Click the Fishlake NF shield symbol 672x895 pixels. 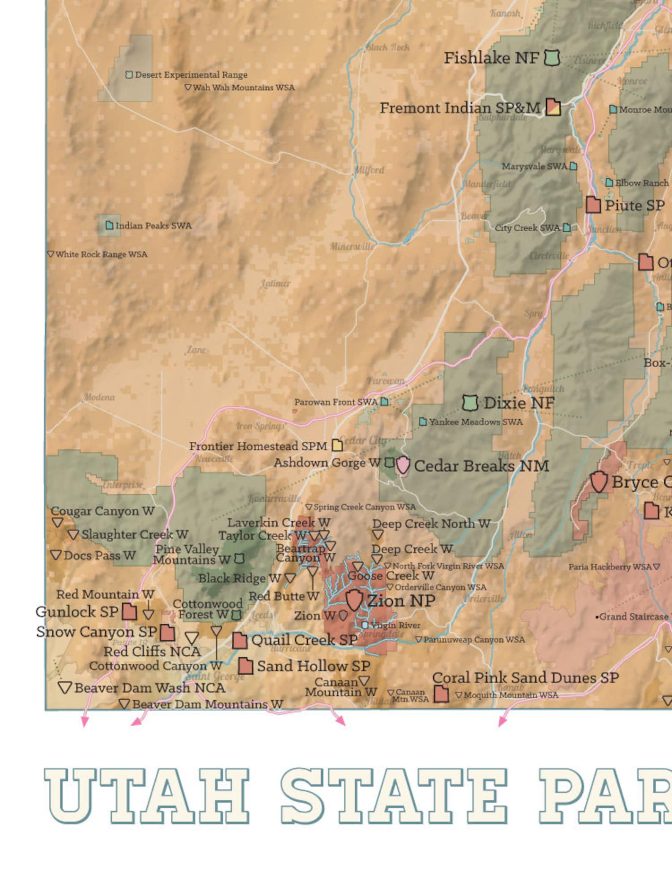552,57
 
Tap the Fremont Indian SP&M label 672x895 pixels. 460,108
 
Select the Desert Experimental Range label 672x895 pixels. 191,75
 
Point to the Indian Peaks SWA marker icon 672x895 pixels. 109,225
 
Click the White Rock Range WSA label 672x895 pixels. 101,255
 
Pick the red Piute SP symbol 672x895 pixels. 593,205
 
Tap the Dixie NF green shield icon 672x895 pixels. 470,403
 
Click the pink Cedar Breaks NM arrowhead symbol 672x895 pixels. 402,465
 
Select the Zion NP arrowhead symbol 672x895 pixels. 354,600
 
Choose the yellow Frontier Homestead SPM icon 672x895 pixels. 337,445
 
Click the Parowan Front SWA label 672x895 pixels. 336,402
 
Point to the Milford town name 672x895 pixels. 369,170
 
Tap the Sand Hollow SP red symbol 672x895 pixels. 245,666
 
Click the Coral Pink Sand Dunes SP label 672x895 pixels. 525,678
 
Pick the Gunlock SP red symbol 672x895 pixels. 129,612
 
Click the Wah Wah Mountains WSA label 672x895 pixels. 243,88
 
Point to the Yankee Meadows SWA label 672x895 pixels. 476,422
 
